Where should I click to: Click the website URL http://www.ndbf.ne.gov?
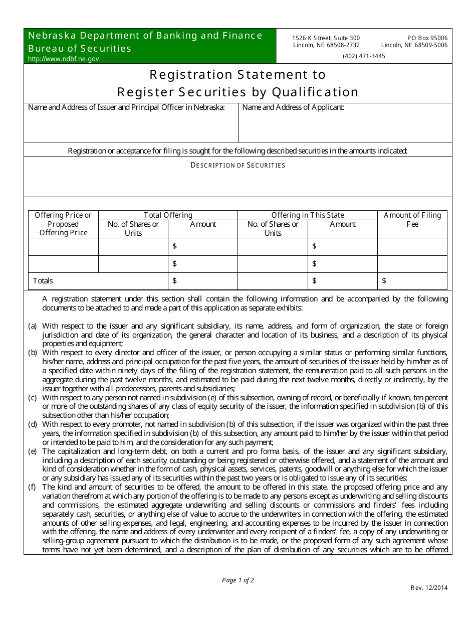[63, 59]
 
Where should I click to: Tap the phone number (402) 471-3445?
[364, 56]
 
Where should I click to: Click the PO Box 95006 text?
[427, 38]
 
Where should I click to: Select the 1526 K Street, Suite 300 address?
[326, 38]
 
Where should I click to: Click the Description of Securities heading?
[238, 165]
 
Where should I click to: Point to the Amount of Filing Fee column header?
[412, 220]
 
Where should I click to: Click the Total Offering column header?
[168, 215]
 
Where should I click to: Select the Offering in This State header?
[308, 215]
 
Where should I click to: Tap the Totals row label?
[43, 281]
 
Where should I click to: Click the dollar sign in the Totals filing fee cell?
[384, 281]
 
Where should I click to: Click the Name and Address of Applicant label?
[293, 107]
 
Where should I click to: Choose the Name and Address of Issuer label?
[126, 107]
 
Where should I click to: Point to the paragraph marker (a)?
[33, 326]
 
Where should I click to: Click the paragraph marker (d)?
[33, 424]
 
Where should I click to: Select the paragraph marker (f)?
[33, 487]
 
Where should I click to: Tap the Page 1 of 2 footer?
[238, 580]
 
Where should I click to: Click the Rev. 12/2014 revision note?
[429, 588]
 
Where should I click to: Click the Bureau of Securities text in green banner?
[80, 48]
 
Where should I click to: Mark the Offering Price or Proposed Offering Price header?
[63, 224]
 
